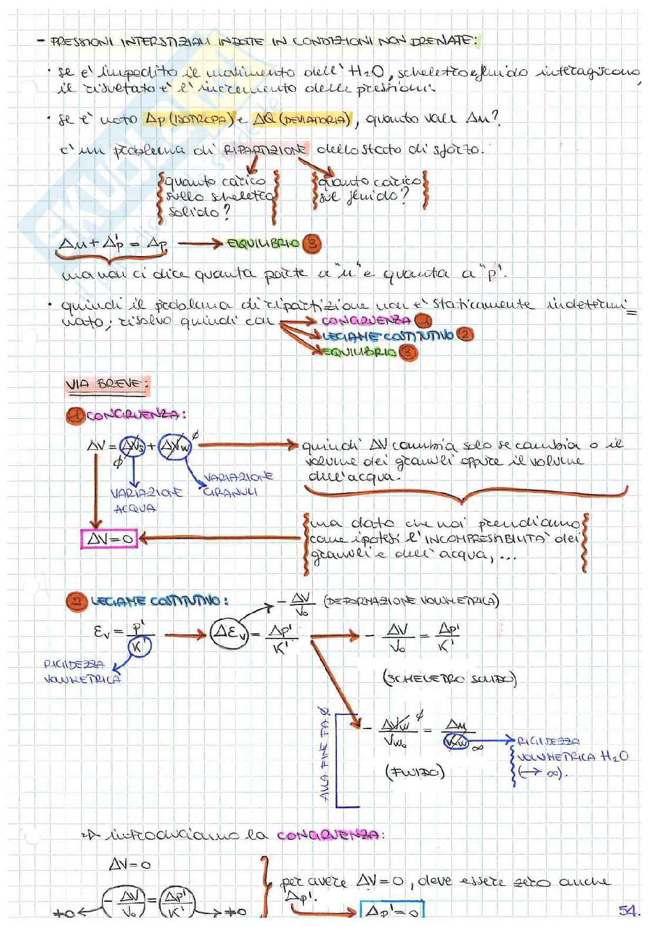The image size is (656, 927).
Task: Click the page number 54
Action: point(628,911)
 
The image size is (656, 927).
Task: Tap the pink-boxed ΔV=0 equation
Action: point(109,539)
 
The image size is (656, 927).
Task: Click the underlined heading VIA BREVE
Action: point(107,385)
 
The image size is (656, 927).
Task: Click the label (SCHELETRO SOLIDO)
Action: point(449,680)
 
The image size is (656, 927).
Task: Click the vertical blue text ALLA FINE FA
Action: point(325,755)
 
